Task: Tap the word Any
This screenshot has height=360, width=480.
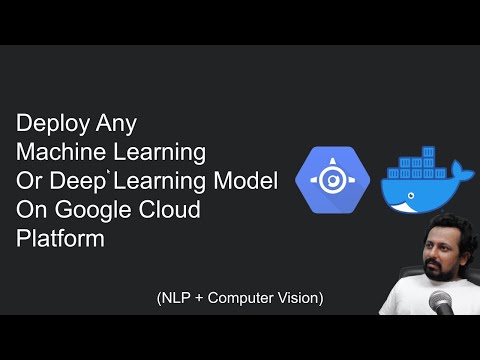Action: (112, 125)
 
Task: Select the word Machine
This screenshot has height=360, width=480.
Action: (59, 153)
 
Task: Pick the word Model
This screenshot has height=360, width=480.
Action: (249, 182)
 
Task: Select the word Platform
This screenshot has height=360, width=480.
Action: (59, 240)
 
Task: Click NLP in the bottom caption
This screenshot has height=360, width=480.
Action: (177, 297)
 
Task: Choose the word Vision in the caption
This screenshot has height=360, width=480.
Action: (300, 297)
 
